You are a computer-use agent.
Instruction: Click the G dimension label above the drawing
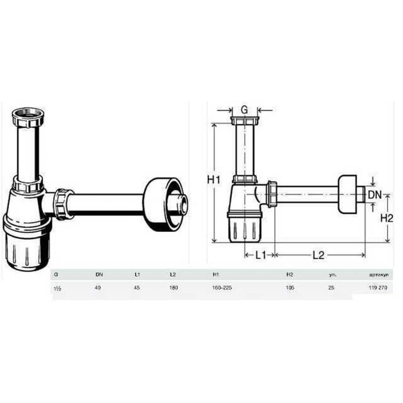[245, 109]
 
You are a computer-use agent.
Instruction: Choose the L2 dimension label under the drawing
[318, 255]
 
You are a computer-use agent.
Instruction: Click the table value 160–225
[222, 288]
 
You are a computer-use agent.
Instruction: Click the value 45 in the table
[137, 288]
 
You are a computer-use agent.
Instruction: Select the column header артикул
[378, 275]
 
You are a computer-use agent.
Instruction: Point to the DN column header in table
[99, 275]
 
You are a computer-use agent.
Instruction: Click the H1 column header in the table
[216, 275]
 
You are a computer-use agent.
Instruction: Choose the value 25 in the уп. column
[331, 288]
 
